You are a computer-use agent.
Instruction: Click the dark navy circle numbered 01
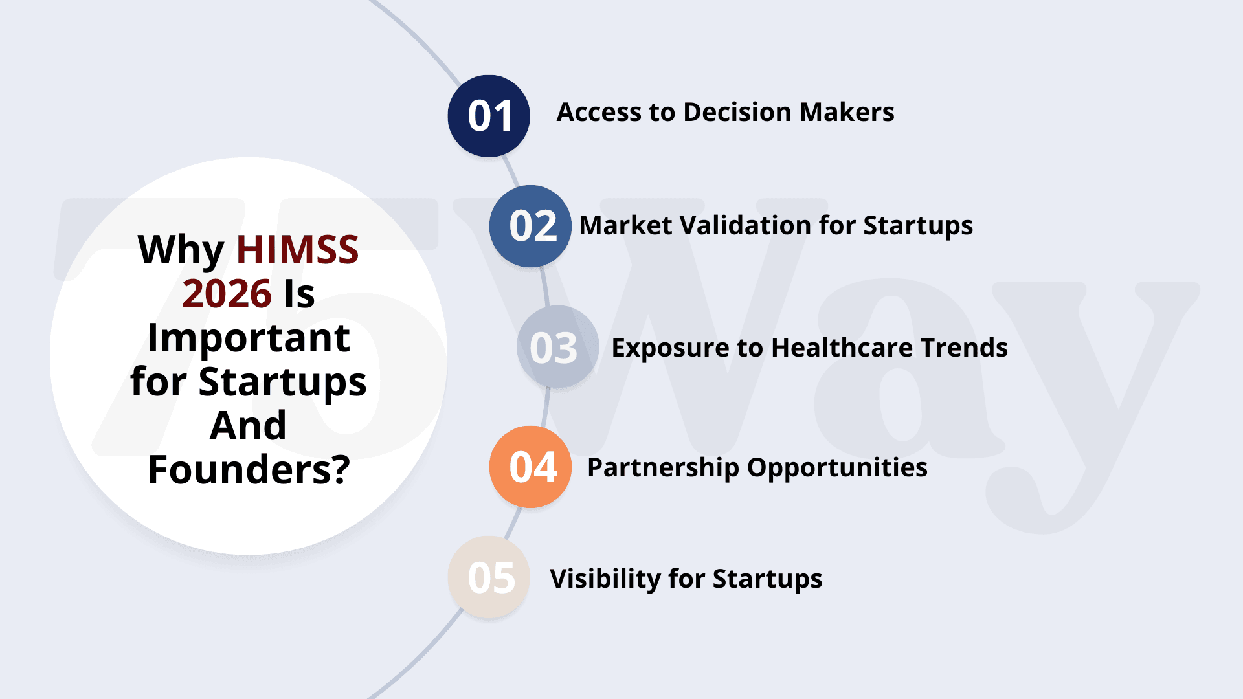(x=489, y=116)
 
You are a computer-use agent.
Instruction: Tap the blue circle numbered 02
(x=530, y=226)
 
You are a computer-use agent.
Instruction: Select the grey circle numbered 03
(x=557, y=347)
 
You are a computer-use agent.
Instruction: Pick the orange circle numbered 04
(x=530, y=467)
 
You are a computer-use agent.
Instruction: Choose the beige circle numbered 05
(x=489, y=577)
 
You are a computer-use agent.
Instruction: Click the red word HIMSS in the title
(x=297, y=250)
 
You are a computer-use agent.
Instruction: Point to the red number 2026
(x=227, y=294)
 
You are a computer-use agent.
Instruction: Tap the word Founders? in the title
(x=249, y=469)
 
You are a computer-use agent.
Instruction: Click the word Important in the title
(x=249, y=338)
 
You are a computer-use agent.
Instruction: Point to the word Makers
(x=847, y=112)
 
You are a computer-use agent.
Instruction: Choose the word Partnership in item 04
(x=664, y=468)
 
